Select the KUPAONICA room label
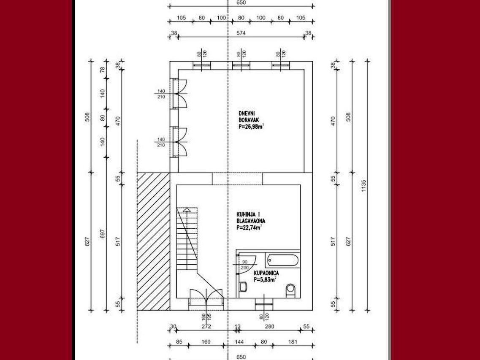pyautogui.click(x=266, y=273)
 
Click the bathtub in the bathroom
pyautogui.click(x=282, y=260)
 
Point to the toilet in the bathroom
pyautogui.click(x=290, y=290)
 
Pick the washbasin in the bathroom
pyautogui.click(x=243, y=287)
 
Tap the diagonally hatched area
pyautogui.click(x=153, y=241)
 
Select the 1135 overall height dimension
pyautogui.click(x=363, y=186)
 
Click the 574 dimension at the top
pyautogui.click(x=241, y=33)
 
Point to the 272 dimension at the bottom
pyautogui.click(x=206, y=326)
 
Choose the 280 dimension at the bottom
pyautogui.click(x=269, y=326)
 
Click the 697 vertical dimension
pyautogui.click(x=103, y=234)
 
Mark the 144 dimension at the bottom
pyautogui.click(x=239, y=341)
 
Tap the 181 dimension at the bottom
pyautogui.click(x=293, y=341)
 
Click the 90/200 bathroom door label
pyautogui.click(x=244, y=265)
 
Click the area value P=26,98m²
pyautogui.click(x=251, y=127)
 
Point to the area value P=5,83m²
pyautogui.click(x=265, y=279)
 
